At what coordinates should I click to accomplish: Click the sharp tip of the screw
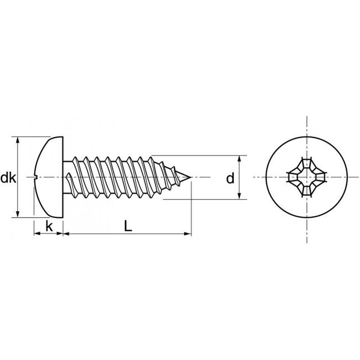tap(191, 177)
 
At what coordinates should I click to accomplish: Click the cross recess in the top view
tap(307, 177)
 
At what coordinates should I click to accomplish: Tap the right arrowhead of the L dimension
tap(188, 234)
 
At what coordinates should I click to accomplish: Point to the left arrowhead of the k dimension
tap(37, 234)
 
